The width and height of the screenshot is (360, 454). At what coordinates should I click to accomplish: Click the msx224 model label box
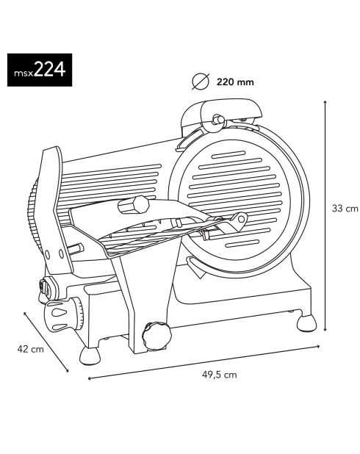(x=40, y=70)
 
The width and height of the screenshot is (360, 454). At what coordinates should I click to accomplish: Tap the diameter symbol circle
(x=201, y=82)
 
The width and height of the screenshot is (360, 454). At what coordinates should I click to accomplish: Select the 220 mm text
(x=235, y=82)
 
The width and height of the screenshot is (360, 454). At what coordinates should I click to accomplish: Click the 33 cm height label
(x=345, y=208)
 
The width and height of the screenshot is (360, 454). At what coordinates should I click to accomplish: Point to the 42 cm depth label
(x=30, y=349)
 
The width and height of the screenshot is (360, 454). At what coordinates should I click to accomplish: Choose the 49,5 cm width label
(x=219, y=375)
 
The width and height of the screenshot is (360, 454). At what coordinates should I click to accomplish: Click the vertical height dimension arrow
(x=325, y=216)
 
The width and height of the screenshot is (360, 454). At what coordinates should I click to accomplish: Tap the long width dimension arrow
(x=204, y=362)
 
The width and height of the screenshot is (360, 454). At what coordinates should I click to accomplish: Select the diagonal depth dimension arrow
(x=46, y=342)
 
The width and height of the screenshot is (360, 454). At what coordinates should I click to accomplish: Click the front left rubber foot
(x=89, y=356)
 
